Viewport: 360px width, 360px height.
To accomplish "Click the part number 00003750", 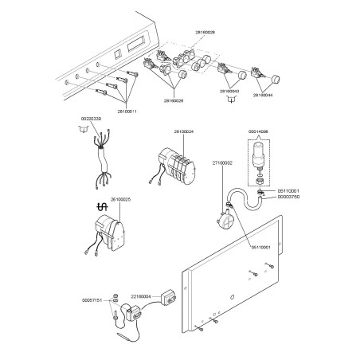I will tap(288, 197).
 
